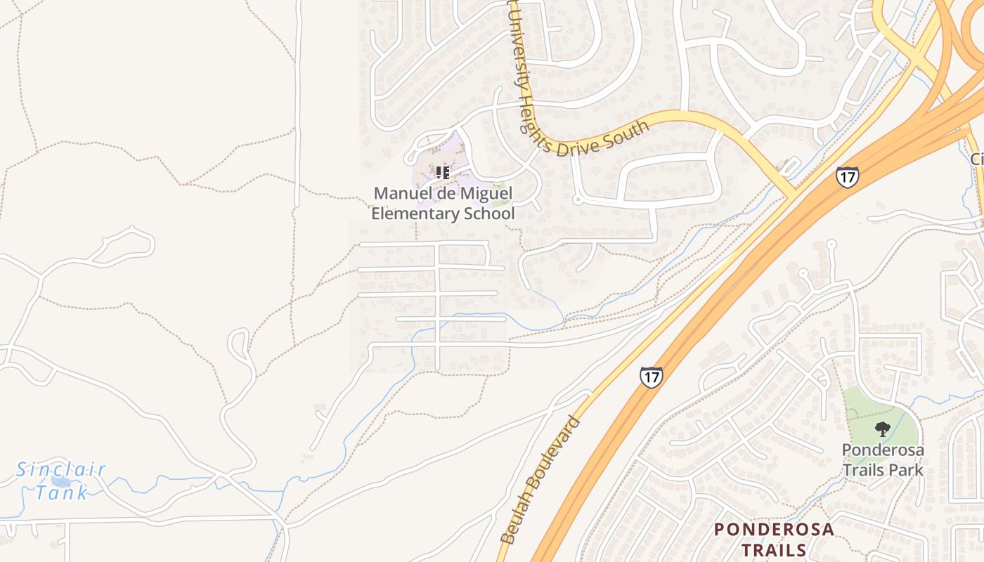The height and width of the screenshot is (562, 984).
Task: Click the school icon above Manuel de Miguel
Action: [x=442, y=172]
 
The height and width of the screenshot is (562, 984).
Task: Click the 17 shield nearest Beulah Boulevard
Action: [x=651, y=377]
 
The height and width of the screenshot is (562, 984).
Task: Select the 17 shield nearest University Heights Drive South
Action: [x=847, y=176]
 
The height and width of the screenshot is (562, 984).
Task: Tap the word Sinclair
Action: [x=61, y=469]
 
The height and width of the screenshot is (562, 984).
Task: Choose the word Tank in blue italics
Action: [x=63, y=492]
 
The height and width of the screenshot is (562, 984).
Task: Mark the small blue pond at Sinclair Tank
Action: [x=60, y=482]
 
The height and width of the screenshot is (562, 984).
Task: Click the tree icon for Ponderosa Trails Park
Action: [x=882, y=429]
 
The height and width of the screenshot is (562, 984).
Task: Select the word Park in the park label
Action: [x=905, y=469]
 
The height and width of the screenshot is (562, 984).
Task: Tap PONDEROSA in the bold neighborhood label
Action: [x=774, y=530]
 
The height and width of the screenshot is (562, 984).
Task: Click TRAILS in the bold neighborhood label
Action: [x=774, y=549]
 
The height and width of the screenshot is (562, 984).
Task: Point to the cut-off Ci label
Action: [x=977, y=159]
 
